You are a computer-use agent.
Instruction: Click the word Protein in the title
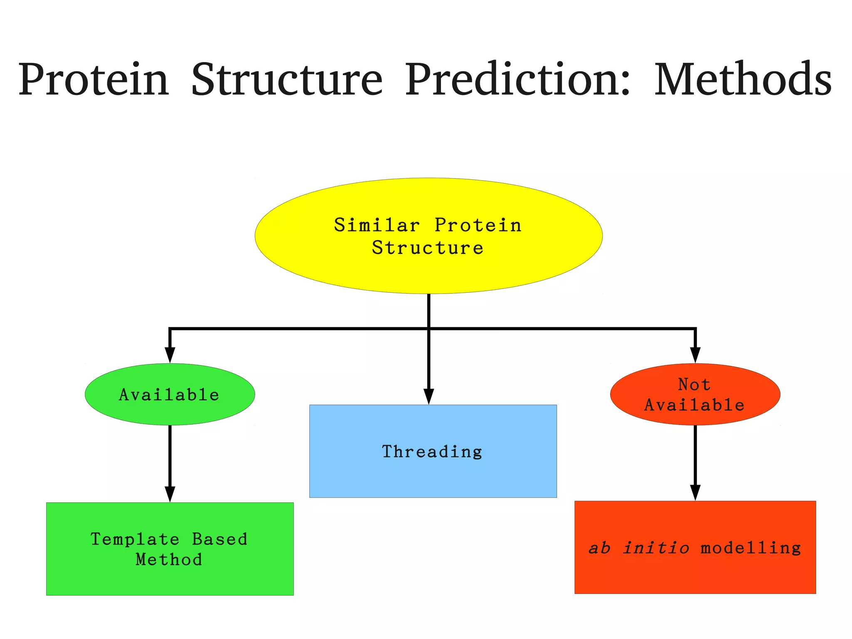93,79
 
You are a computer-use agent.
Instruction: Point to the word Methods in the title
743,79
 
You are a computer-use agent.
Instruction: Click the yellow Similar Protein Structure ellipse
428,271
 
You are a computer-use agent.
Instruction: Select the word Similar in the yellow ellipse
376,225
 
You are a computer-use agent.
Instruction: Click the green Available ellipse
169,410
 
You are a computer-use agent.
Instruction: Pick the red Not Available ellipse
695,416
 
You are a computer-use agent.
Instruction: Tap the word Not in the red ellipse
694,384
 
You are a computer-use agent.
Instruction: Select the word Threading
432,452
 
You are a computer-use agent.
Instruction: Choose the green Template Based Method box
169,579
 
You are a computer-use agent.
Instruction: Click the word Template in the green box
135,540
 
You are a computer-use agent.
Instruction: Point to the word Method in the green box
169,559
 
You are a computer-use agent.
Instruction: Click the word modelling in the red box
751,548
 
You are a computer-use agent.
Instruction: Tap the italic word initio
656,548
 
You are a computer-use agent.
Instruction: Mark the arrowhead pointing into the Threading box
428,396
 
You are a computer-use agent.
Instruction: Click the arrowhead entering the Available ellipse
170,355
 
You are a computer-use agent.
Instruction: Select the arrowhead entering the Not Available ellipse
695,355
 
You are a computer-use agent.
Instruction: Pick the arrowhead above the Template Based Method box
170,494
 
